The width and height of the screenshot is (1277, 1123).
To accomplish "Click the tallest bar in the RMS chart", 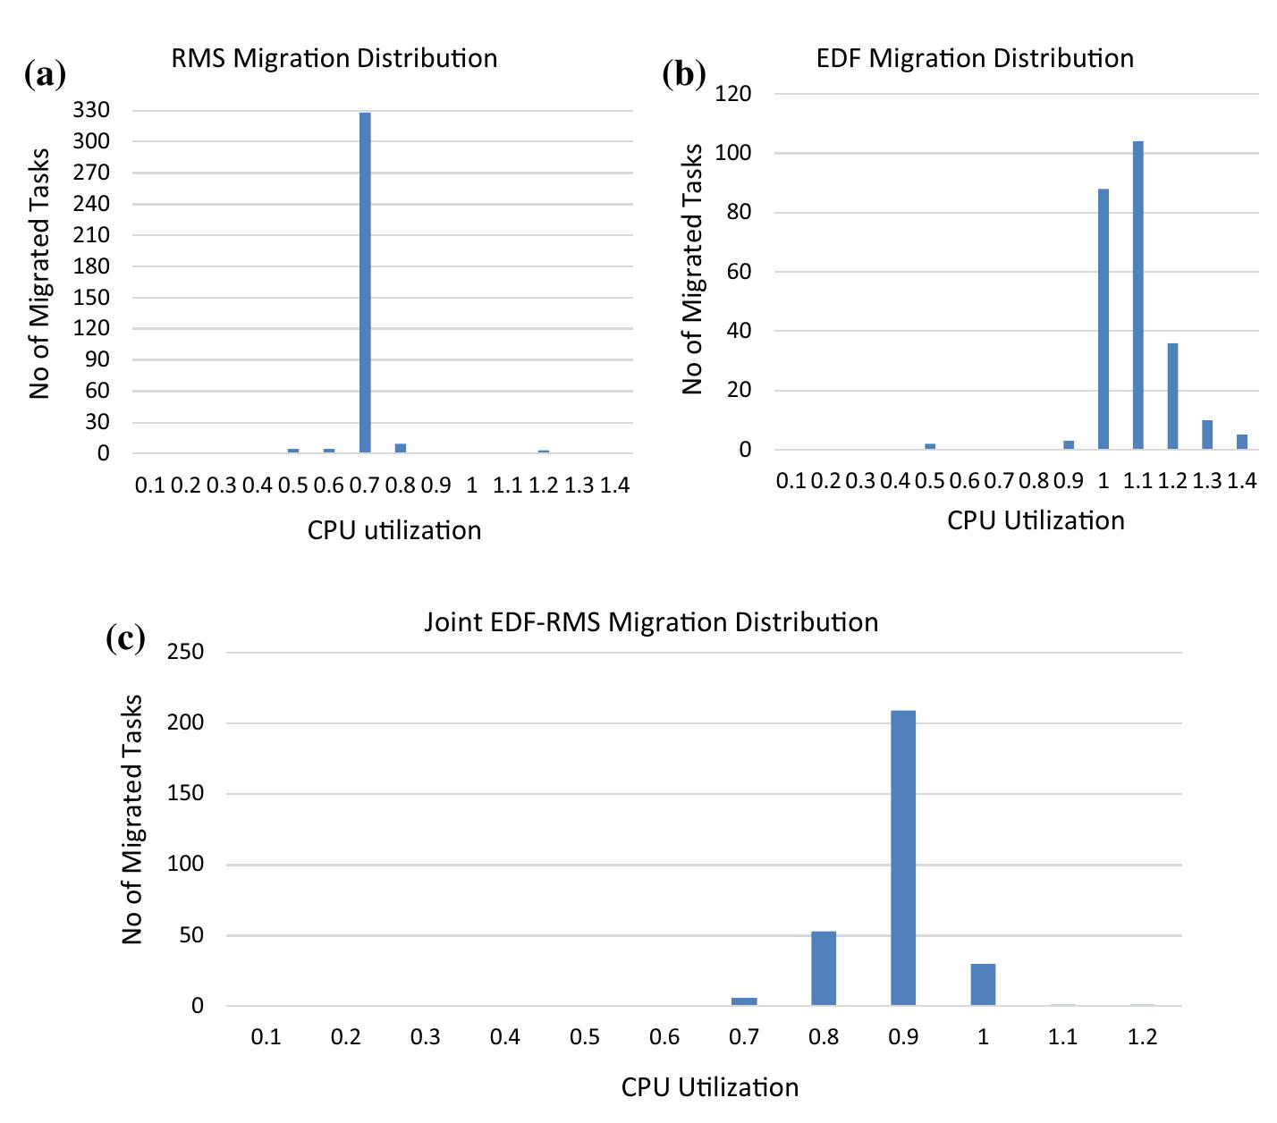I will (365, 283).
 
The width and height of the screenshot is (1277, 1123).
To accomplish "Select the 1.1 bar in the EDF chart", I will (1137, 295).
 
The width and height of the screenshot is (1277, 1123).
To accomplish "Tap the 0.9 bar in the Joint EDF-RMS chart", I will (903, 858).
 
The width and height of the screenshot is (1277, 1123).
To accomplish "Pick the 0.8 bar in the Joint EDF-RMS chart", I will (824, 969).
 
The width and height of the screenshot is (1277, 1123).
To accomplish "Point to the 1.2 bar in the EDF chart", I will (1172, 396).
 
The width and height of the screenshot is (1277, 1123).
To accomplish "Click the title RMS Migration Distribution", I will (334, 58).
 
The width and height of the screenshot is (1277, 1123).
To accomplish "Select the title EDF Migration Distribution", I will (975, 58).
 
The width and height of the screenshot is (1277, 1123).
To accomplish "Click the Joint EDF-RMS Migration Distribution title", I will (651, 622).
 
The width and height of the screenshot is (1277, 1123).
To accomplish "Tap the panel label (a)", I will (46, 73).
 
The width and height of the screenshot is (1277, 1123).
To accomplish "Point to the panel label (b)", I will (684, 73).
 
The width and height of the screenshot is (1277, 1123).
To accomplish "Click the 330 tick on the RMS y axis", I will (92, 110).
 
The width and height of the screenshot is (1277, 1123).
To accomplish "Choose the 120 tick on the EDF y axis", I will (733, 93).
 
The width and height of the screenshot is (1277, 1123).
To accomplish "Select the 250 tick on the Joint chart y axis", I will (185, 652).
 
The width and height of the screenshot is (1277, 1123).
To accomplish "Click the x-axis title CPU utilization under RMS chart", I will (394, 530).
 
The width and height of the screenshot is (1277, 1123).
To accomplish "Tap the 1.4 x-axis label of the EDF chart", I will (1242, 481).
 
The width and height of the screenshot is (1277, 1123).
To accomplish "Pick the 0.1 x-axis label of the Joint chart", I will (266, 1037).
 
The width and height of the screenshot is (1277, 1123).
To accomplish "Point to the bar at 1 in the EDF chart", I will (1104, 319).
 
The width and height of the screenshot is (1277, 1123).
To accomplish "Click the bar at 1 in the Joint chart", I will (983, 984).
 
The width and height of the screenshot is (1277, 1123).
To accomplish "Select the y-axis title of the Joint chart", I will (132, 819).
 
